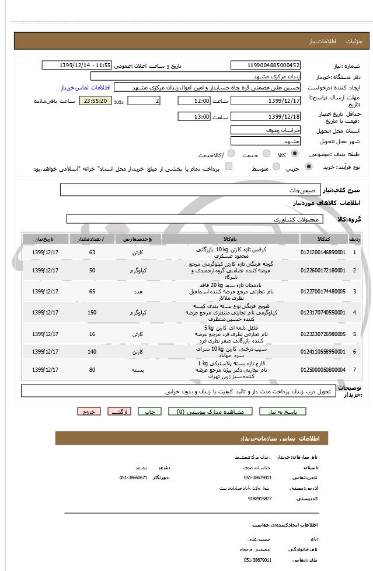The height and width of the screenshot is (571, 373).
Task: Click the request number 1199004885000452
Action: (266, 65)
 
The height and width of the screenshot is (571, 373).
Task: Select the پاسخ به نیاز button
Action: (291, 411)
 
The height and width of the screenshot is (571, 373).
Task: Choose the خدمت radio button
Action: (266, 154)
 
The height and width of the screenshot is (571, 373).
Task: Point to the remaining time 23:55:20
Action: (94, 101)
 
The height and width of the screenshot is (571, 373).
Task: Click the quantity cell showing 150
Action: (92, 313)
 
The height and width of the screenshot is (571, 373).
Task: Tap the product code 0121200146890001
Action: (323, 252)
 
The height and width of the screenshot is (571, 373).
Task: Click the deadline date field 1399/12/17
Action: (266, 101)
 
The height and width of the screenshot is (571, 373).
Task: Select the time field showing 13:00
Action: (193, 116)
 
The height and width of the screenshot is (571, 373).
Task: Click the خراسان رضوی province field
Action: (266, 130)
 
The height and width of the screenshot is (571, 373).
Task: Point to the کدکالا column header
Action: (323, 239)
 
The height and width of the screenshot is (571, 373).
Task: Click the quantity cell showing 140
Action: (92, 352)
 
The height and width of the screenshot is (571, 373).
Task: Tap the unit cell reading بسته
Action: (137, 370)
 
